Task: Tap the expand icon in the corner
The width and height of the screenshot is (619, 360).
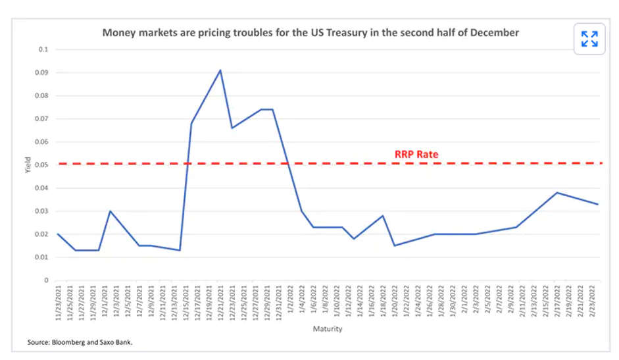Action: click(589, 39)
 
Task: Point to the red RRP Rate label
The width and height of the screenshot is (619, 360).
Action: click(416, 155)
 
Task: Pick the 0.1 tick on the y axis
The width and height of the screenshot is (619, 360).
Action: click(44, 49)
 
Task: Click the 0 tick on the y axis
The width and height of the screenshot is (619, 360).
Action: click(46, 280)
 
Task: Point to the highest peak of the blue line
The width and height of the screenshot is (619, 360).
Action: click(220, 70)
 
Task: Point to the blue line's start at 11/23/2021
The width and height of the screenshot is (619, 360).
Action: click(58, 234)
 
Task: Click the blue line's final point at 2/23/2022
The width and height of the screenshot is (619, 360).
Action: click(598, 204)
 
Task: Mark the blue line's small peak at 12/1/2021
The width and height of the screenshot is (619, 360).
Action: click(110, 211)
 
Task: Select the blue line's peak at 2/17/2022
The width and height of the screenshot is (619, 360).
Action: click(557, 193)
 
